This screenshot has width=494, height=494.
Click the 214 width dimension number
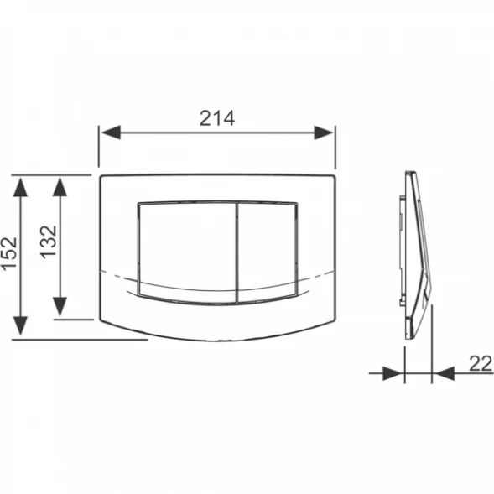217,118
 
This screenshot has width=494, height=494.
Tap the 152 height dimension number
9,253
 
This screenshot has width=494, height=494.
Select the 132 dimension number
49,242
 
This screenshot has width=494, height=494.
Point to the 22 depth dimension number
480,363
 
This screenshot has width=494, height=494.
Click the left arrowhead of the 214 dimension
111,133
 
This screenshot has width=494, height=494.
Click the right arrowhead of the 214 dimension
324,133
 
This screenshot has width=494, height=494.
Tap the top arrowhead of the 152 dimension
20,187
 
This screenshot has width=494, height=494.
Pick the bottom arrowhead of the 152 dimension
20,325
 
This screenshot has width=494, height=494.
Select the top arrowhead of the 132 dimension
60,187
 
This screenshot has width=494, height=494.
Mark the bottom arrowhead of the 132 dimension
60,306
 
